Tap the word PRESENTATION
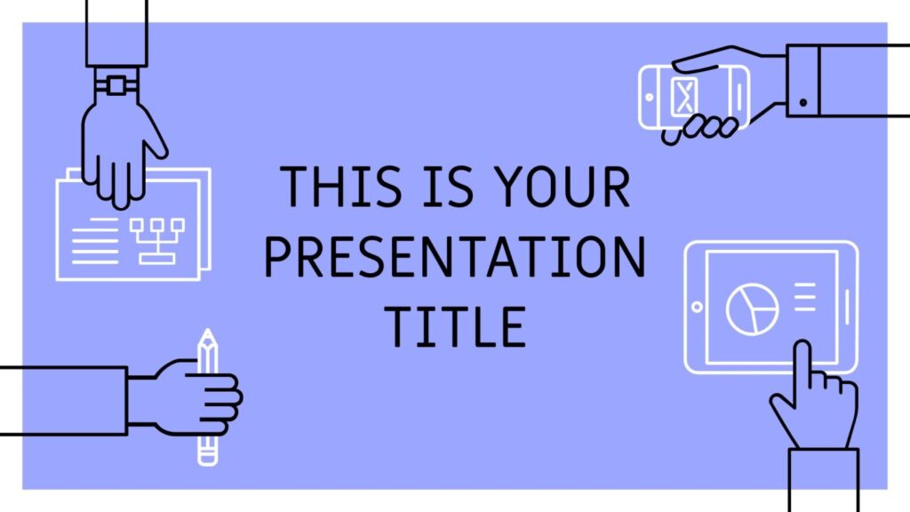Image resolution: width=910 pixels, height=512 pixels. pos(455,256)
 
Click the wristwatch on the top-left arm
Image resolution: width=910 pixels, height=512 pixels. pos(116,85)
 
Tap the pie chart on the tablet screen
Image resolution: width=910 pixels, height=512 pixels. pos(753,308)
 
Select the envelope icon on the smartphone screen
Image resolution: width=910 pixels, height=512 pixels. pos(685,96)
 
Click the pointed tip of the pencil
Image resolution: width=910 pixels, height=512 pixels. pos(207,332)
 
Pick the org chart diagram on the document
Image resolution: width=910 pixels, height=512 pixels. pos(157,241)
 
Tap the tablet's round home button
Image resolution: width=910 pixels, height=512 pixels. pos(697,307)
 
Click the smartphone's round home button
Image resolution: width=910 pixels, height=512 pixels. pos(650,98)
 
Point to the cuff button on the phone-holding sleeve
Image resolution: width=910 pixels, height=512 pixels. pos(803,103)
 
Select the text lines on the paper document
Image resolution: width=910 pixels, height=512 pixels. pos(94,241)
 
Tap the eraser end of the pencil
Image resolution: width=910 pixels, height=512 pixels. pos(207,458)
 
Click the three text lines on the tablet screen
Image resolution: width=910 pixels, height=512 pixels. pos(805,297)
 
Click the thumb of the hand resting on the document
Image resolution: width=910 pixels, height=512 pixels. pos(153,132)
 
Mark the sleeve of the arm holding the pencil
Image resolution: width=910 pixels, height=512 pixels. pos(63,401)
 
